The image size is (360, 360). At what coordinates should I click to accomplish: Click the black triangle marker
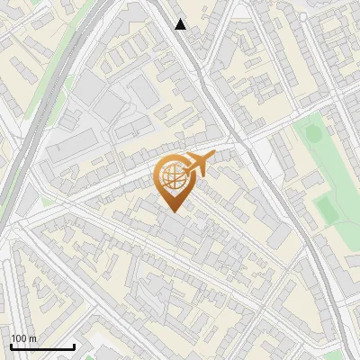181,24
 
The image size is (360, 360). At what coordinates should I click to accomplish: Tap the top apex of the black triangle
181,19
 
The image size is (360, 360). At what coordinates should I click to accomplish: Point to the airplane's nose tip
214,157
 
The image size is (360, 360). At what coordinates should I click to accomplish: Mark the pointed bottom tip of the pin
172,211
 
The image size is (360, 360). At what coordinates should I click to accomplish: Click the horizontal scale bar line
42,346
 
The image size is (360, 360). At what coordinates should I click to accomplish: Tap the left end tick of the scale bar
11,345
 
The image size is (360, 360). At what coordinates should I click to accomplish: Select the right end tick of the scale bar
74,345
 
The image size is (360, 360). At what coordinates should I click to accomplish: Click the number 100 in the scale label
19,337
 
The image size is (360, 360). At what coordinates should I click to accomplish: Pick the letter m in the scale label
32,337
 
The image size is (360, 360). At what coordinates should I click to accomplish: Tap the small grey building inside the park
310,179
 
